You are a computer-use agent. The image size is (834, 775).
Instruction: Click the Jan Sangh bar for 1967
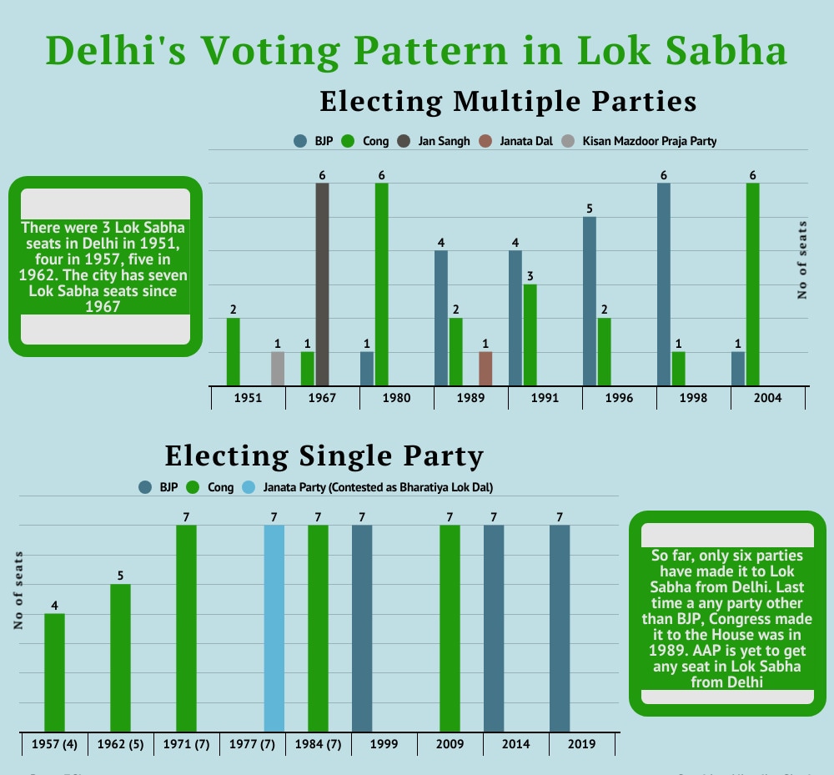[322, 284]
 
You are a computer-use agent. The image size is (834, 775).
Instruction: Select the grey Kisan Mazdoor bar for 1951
[278, 368]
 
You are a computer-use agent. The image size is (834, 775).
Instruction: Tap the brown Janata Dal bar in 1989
[485, 368]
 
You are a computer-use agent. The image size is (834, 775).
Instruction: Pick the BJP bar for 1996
[590, 300]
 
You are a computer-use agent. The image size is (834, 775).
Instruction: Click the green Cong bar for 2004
[752, 284]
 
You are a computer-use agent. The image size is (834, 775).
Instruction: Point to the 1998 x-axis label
[693, 398]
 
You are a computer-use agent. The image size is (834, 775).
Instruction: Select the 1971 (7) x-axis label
[186, 744]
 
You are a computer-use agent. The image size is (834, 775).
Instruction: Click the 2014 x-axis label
[515, 744]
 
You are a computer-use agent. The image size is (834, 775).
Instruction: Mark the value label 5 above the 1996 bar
[590, 209]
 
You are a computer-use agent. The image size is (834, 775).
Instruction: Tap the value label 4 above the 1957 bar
[55, 606]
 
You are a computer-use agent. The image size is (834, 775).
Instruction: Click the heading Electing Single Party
[324, 456]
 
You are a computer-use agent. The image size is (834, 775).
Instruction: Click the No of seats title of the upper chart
[802, 259]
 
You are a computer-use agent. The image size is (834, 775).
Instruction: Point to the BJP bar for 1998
[664, 284]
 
